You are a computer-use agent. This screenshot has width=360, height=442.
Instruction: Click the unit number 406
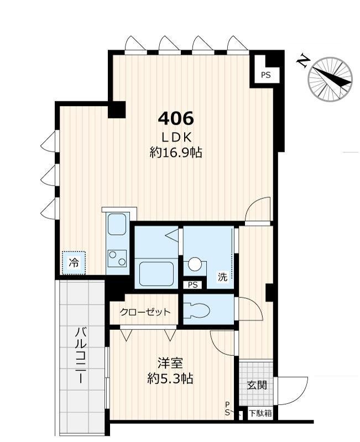176,118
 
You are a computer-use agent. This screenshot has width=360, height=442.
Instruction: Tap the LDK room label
176,137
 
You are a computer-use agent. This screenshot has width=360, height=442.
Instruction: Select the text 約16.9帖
175,153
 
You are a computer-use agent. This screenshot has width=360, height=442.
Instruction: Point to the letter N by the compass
304,62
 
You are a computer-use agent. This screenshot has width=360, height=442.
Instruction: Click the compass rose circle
330,79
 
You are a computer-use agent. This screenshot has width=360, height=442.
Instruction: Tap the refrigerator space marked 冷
74,263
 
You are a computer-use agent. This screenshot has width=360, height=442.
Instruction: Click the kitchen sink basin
117,225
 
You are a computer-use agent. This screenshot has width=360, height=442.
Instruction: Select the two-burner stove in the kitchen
117,258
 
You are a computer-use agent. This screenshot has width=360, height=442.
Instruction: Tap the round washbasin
195,265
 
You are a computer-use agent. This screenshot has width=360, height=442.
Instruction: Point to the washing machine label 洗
223,277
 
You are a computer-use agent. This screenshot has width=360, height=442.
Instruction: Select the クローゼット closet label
145,312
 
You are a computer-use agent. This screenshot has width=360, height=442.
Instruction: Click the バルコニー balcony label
82,355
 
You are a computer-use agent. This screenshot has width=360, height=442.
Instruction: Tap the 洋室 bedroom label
170,364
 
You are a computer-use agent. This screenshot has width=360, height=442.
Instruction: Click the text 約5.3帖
170,378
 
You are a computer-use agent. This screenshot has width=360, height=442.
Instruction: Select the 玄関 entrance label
257,385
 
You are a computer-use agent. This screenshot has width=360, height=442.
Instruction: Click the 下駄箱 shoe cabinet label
260,413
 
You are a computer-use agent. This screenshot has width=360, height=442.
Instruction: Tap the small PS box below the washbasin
192,285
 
